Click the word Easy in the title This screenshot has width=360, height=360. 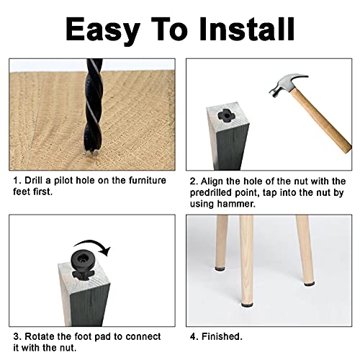click(x=103, y=30)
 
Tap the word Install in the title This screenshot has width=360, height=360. click(x=247, y=29)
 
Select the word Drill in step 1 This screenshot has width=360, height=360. click(x=35, y=181)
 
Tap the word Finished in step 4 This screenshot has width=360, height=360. click(x=222, y=336)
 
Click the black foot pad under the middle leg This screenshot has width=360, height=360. click(x=247, y=305)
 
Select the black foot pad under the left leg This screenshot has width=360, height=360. click(x=221, y=269)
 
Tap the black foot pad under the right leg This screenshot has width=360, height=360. click(x=309, y=284)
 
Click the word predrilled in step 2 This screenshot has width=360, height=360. click(x=211, y=193)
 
